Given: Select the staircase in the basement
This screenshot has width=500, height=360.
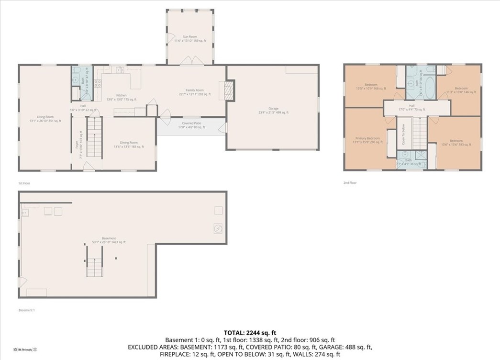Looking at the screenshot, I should coord(94,267).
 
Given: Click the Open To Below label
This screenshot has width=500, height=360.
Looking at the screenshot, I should coord(404,135).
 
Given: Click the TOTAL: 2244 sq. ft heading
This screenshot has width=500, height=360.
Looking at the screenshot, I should coord(250,332).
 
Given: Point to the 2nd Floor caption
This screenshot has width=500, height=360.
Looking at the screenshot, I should coord(350,183).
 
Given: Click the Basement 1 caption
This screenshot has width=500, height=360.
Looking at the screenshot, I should coord(26,310).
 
